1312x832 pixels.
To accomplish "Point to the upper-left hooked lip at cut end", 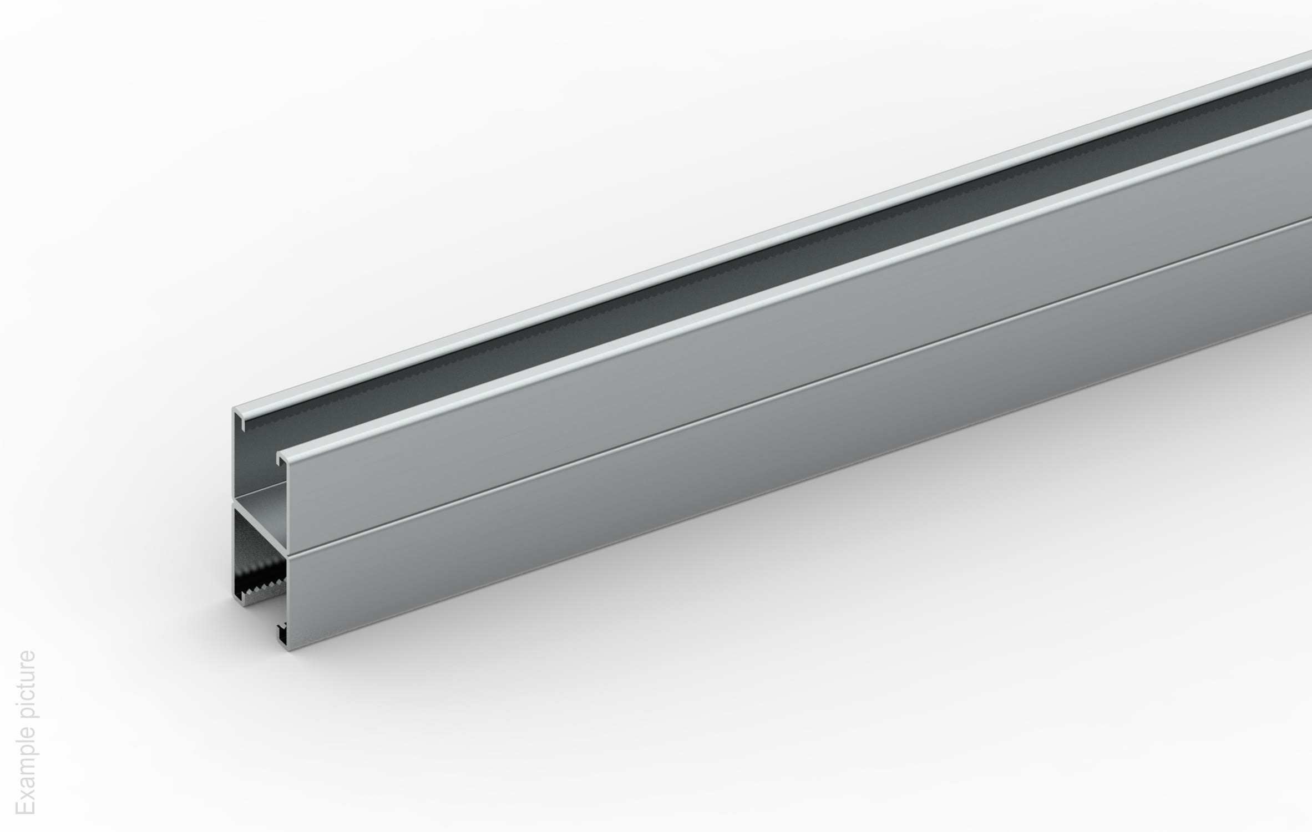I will tap(240, 419).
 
